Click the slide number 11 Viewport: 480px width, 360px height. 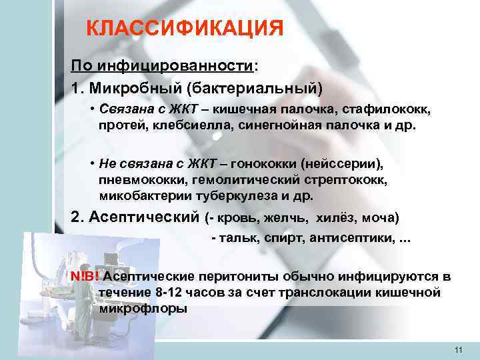coord(457,350)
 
